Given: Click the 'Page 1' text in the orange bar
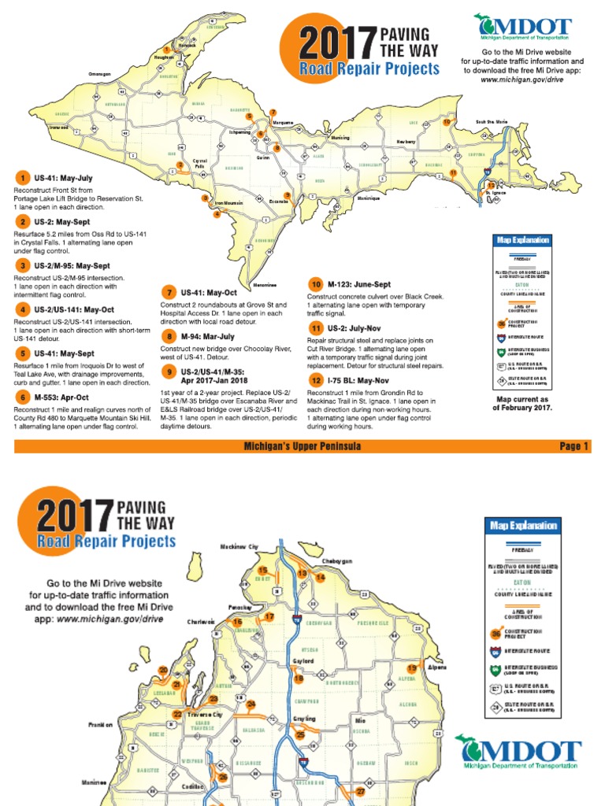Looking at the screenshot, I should point(574,446).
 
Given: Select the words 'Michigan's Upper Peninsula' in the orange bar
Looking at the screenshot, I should point(302,446).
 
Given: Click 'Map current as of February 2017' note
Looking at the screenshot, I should point(521,403).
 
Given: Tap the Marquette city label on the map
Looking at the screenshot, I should point(282,124).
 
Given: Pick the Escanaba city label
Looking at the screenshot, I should point(278,201).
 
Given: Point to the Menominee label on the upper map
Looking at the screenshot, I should point(263,284).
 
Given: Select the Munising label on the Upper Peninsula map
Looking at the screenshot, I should point(340,138).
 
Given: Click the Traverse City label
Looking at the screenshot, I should point(207,714).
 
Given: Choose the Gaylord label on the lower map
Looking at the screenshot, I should point(303,661).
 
